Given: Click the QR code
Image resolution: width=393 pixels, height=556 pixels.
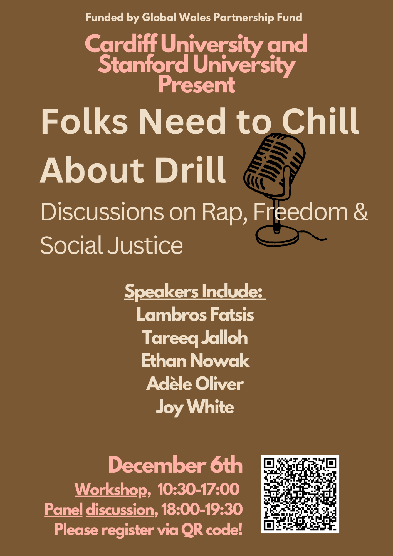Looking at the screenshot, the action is [x=300, y=494].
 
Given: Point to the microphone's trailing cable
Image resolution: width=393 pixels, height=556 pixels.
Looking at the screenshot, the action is [x=313, y=235].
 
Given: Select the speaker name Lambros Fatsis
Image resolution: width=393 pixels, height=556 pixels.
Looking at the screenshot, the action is [x=195, y=315].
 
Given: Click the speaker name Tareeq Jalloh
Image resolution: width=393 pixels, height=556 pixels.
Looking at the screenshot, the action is [x=195, y=338].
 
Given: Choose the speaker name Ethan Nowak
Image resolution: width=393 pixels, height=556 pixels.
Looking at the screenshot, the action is [x=195, y=361].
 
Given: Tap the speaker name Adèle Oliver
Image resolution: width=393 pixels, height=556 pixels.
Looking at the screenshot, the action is [x=195, y=384].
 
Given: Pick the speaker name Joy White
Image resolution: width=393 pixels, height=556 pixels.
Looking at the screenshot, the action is [x=195, y=407].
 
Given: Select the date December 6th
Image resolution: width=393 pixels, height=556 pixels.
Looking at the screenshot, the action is [x=176, y=465].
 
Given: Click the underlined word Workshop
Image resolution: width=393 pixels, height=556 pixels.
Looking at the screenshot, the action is [x=111, y=489].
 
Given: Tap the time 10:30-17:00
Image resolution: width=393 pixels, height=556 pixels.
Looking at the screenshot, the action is [x=198, y=489].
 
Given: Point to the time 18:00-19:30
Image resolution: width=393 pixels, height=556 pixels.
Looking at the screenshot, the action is [x=202, y=509].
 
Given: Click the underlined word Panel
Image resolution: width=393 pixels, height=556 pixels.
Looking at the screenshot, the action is [x=63, y=509].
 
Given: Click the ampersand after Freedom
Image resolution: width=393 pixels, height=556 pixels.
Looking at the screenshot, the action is [x=361, y=212].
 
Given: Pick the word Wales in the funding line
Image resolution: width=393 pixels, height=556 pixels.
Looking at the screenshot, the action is [x=195, y=18].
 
